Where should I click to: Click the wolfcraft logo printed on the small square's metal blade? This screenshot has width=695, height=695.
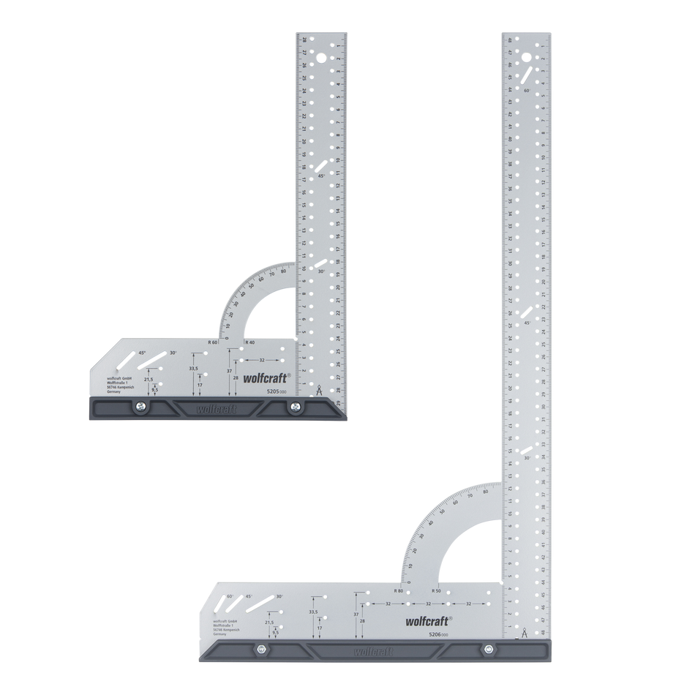(263, 377)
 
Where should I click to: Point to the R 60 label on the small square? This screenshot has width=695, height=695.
(213, 342)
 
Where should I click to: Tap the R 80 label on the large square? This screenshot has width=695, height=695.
(398, 590)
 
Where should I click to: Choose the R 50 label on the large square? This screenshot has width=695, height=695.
(436, 590)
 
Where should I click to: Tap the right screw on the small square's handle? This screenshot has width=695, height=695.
(295, 408)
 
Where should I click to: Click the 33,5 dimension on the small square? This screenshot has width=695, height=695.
(193, 368)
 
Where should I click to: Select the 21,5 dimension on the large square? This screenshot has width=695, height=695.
(270, 623)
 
